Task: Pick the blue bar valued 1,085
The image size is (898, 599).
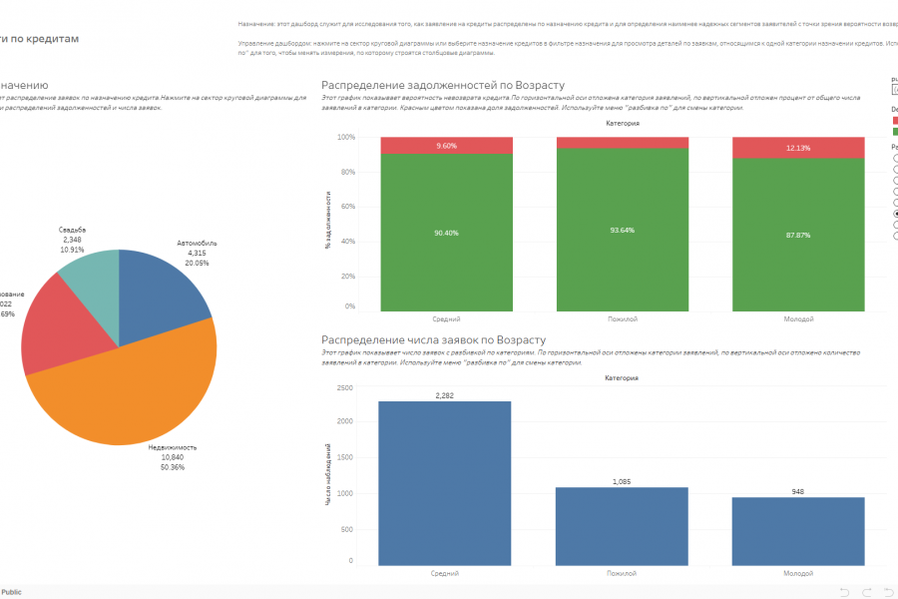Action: tap(621, 523)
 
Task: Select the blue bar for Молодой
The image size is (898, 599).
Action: tap(798, 528)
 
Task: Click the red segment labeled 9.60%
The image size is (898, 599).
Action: tap(445, 146)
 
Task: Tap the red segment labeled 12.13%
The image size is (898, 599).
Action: tap(798, 148)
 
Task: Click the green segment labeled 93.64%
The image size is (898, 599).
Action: tap(621, 230)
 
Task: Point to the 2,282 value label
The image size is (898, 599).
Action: tap(445, 395)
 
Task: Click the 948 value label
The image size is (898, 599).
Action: tap(798, 491)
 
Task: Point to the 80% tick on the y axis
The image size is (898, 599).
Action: tap(347, 172)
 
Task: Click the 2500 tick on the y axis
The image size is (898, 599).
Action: tap(344, 387)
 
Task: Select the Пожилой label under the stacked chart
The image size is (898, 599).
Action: tap(621, 318)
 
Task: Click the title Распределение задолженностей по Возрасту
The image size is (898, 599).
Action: tap(443, 86)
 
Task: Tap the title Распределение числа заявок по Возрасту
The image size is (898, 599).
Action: tap(433, 340)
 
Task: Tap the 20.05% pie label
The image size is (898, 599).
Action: tap(197, 263)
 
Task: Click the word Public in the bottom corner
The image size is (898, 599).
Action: tap(12, 592)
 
